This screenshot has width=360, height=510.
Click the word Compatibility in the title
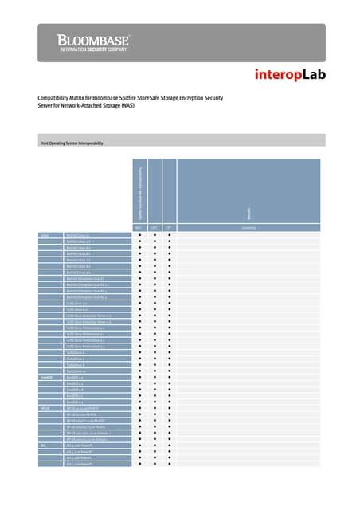click(58, 98)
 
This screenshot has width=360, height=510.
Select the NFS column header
click(139, 228)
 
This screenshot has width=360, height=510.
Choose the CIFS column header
click(154, 228)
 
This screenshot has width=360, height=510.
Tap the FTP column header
click(169, 228)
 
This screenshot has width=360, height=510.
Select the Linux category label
click(46, 236)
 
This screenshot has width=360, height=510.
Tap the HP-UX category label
click(46, 407)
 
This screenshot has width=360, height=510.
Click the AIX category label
click(44, 445)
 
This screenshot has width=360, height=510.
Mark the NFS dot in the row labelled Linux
click(139, 236)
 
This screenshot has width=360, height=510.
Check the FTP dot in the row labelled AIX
click(169, 445)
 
